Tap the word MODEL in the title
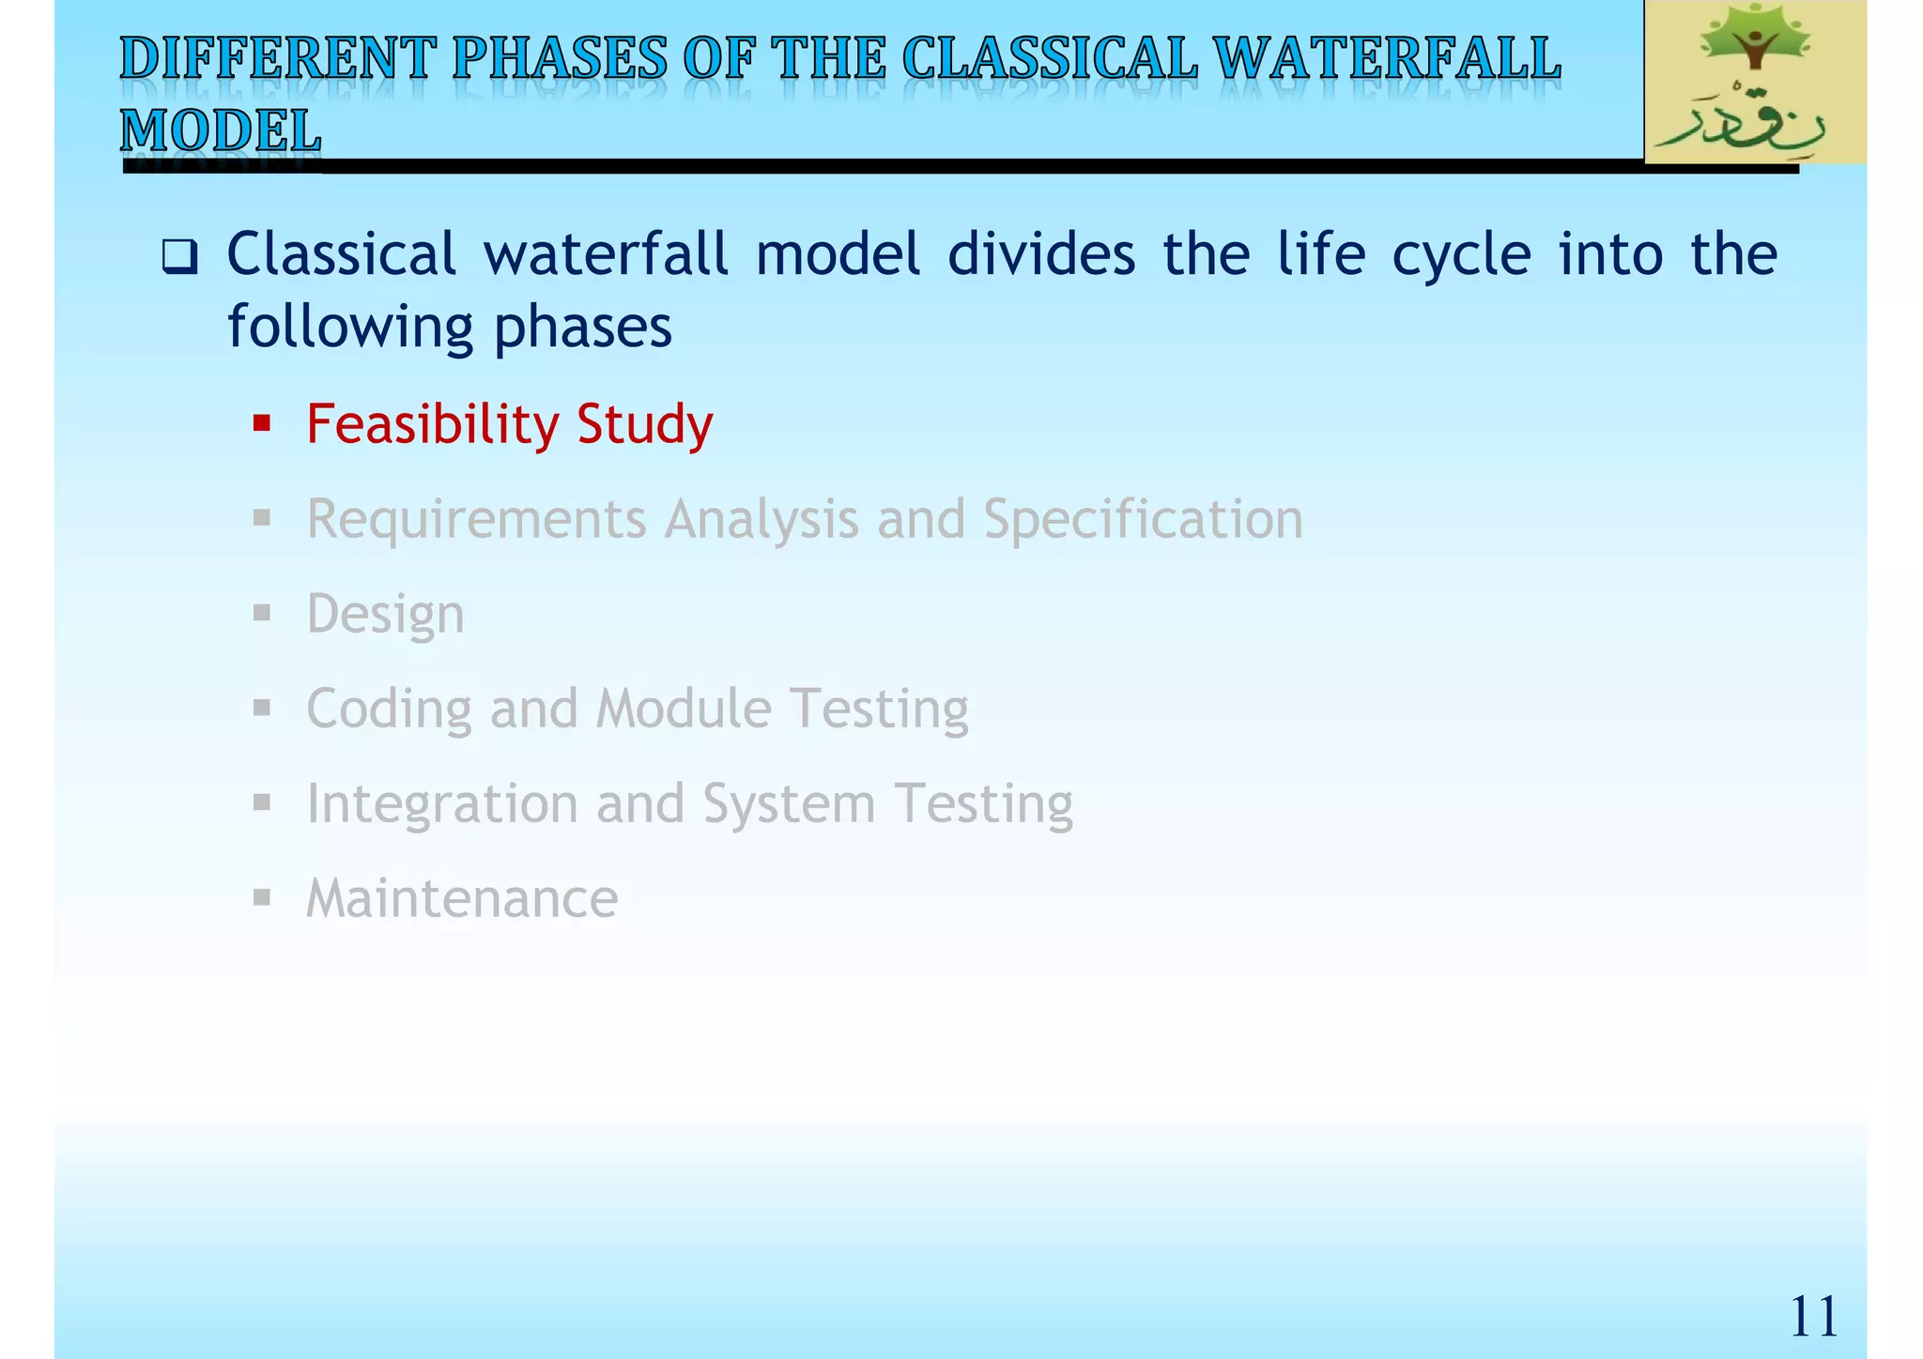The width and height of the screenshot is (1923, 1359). pyautogui.click(x=221, y=130)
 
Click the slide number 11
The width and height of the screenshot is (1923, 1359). pyautogui.click(x=1812, y=1316)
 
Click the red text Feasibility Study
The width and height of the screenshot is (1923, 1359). pyautogui.click(x=509, y=424)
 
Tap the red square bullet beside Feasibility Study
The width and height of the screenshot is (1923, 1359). pyautogui.click(x=262, y=423)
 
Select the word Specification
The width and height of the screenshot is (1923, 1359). pyautogui.click(x=1143, y=519)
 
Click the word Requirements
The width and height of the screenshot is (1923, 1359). pyautogui.click(x=476, y=519)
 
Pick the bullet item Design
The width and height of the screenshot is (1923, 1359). pyautogui.click(x=385, y=614)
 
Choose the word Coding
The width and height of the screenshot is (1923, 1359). pyautogui.click(x=389, y=709)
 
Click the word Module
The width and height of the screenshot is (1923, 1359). pyautogui.click(x=684, y=709)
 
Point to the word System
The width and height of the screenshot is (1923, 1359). pyautogui.click(x=789, y=804)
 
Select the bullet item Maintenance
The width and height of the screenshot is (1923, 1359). pyautogui.click(x=462, y=898)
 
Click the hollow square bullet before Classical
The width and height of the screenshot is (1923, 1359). pyautogui.click(x=178, y=256)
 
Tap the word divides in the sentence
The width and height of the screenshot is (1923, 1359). pyautogui.click(x=1040, y=254)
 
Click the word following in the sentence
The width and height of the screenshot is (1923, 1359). pyautogui.click(x=349, y=327)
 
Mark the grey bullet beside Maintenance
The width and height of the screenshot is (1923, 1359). pyautogui.click(x=262, y=898)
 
